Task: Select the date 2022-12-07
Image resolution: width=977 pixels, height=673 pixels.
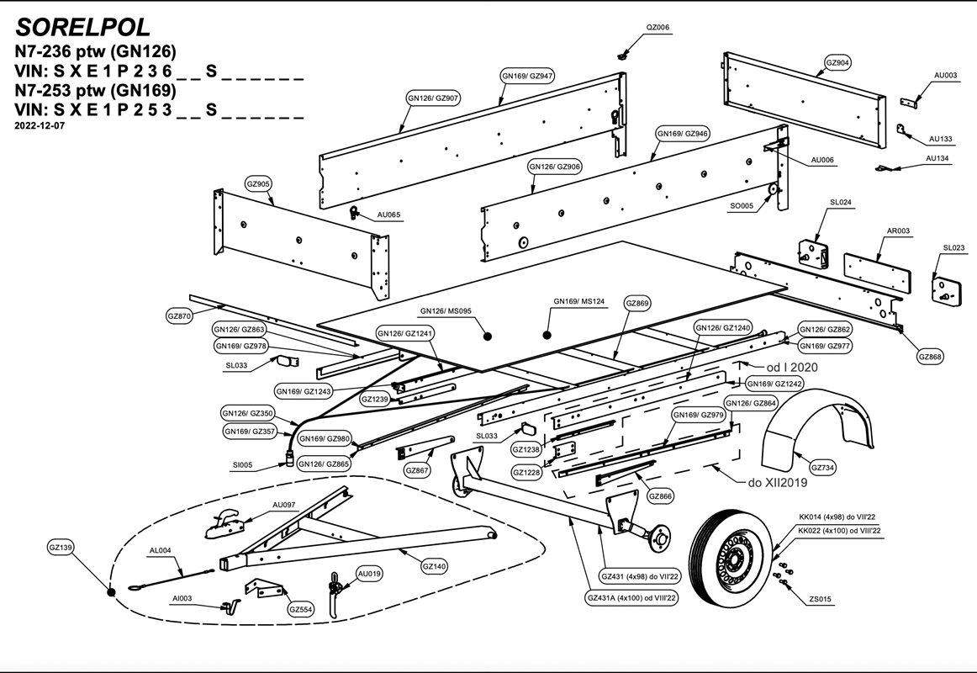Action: pyautogui.click(x=40, y=125)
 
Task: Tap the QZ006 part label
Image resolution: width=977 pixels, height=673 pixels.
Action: pyautogui.click(x=657, y=28)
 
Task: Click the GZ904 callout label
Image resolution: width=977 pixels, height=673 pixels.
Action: pyautogui.click(x=837, y=63)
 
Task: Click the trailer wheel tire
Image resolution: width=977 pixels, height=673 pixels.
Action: pyautogui.click(x=730, y=555)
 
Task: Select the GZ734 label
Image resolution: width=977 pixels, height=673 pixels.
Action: pyautogui.click(x=823, y=468)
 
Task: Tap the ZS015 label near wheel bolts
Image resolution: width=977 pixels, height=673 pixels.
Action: pyautogui.click(x=820, y=600)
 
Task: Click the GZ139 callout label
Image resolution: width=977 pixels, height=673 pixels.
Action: pyautogui.click(x=61, y=548)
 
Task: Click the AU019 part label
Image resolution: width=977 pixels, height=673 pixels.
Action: pyautogui.click(x=369, y=574)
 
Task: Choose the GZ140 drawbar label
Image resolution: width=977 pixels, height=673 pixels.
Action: pyautogui.click(x=434, y=566)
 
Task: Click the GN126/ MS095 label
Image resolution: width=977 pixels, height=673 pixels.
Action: pyautogui.click(x=446, y=311)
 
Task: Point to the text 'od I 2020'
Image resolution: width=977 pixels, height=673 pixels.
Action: pyautogui.click(x=790, y=367)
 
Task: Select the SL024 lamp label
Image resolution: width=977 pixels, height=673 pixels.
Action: pyautogui.click(x=841, y=203)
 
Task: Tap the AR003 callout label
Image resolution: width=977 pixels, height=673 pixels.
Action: pyautogui.click(x=898, y=231)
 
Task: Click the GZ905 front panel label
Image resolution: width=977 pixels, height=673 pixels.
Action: pyautogui.click(x=258, y=183)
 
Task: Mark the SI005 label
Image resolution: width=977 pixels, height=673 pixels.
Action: pyautogui.click(x=242, y=465)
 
